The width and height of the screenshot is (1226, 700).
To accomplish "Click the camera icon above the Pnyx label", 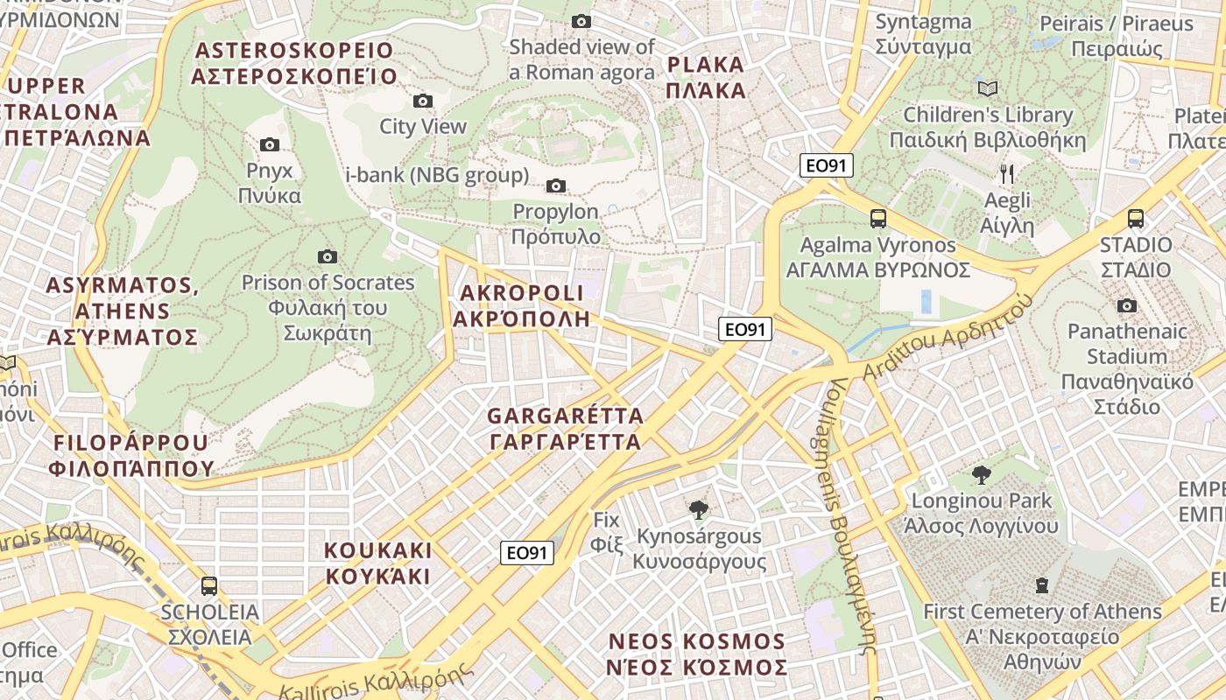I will (x=270, y=144).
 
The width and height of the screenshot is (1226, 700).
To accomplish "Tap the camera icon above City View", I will (x=423, y=101).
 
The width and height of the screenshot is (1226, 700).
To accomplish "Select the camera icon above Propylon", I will (x=555, y=185).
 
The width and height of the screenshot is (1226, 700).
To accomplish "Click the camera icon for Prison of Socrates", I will (x=328, y=256).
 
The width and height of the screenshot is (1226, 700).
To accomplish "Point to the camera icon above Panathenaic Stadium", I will (x=1127, y=305).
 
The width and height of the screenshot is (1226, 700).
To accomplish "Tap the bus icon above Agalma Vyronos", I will (x=877, y=218).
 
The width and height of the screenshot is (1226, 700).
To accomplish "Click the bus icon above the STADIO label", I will (x=1136, y=218).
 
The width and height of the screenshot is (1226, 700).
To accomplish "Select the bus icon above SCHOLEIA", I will (x=208, y=585).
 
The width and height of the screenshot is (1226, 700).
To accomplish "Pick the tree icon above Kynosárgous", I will (x=698, y=509).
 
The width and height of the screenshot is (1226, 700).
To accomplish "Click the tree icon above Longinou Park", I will (x=982, y=474).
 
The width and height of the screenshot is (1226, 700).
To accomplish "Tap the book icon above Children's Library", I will (x=988, y=88).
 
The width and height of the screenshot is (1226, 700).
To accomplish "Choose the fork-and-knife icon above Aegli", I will (x=1007, y=173).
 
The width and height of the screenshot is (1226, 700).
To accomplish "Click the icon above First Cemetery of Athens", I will (x=1042, y=584).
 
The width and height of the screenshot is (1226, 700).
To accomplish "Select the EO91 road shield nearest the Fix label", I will (x=528, y=552).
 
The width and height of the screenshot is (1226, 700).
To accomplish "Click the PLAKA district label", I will (x=705, y=77).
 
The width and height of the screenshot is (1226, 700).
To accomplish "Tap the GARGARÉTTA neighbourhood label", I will (x=565, y=428).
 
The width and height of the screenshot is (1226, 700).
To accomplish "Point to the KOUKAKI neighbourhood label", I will (x=378, y=563).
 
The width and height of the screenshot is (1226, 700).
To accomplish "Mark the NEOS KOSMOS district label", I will (x=697, y=654).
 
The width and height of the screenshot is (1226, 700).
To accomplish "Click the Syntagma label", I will (x=923, y=34).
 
